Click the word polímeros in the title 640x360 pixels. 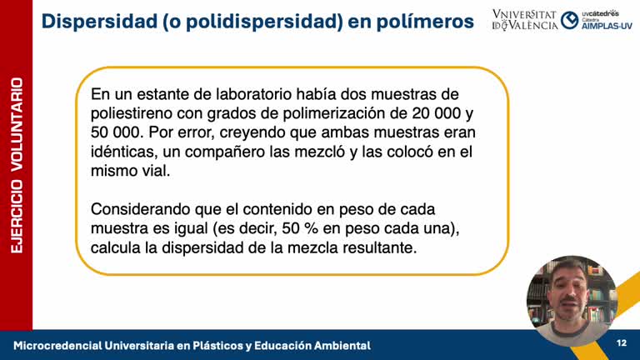click(426, 22)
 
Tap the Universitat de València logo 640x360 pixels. click(525, 20)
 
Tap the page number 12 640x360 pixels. click(621, 344)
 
